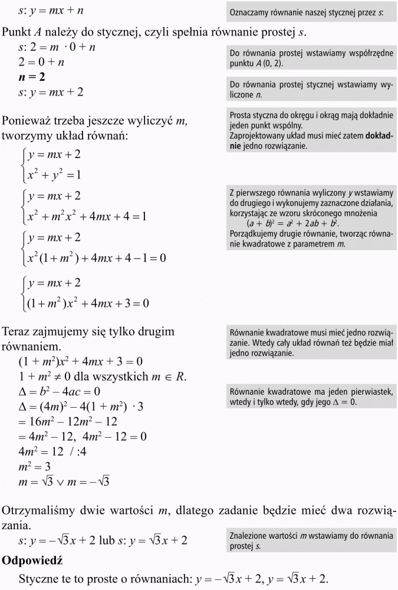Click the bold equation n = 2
pyautogui.click(x=32, y=77)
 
